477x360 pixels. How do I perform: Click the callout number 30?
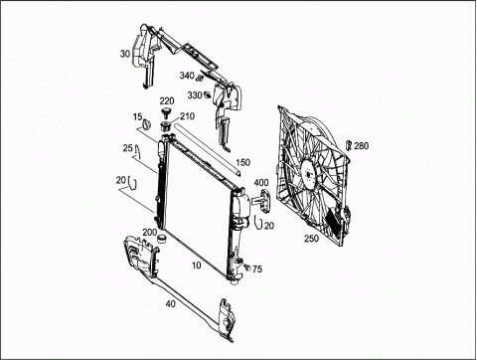(125, 54)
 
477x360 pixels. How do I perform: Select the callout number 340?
(187, 76)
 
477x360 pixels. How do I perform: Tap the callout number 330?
(195, 95)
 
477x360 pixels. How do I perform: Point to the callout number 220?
(167, 100)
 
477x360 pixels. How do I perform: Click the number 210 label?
(187, 116)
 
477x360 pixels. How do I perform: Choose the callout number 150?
(243, 162)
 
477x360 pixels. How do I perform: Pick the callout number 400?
(261, 183)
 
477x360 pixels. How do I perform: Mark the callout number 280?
(361, 145)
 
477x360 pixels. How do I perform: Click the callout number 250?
(311, 238)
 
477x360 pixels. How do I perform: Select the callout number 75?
(257, 269)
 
